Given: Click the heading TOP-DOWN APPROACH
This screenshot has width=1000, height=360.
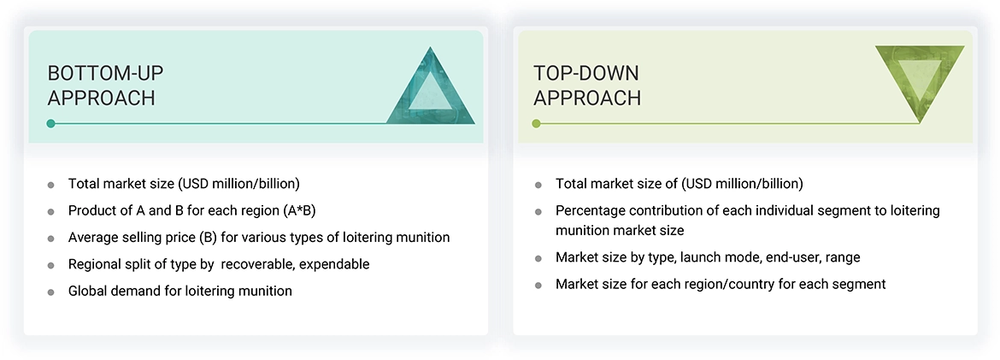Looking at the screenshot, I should pyautogui.click(x=587, y=86).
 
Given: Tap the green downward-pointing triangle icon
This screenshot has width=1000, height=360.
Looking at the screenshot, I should pyautogui.click(x=920, y=82).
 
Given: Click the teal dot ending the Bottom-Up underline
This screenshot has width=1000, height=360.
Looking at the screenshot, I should pyautogui.click(x=51, y=123).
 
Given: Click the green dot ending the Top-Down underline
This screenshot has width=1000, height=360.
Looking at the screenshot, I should pyautogui.click(x=537, y=123).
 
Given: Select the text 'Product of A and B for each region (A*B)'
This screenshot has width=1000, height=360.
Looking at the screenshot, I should pyautogui.click(x=193, y=210).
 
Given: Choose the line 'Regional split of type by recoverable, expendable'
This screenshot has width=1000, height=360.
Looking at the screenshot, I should pyautogui.click(x=219, y=264).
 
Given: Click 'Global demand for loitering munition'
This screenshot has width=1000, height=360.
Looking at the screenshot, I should pyautogui.click(x=180, y=291).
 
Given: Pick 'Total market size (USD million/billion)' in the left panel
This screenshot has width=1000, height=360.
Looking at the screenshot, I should pyautogui.click(x=184, y=183).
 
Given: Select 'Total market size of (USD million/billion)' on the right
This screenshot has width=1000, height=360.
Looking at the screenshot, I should pyautogui.click(x=679, y=183).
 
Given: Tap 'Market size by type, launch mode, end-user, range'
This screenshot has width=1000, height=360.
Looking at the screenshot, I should pyautogui.click(x=708, y=257).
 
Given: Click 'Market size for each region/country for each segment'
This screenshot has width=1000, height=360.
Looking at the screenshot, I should pyautogui.click(x=721, y=284).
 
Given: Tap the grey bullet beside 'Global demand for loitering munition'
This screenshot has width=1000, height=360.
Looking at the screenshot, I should pyautogui.click(x=51, y=292).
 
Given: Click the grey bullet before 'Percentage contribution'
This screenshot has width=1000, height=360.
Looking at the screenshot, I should pyautogui.click(x=538, y=211).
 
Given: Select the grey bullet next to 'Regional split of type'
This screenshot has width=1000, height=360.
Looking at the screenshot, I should pyautogui.click(x=51, y=265).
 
